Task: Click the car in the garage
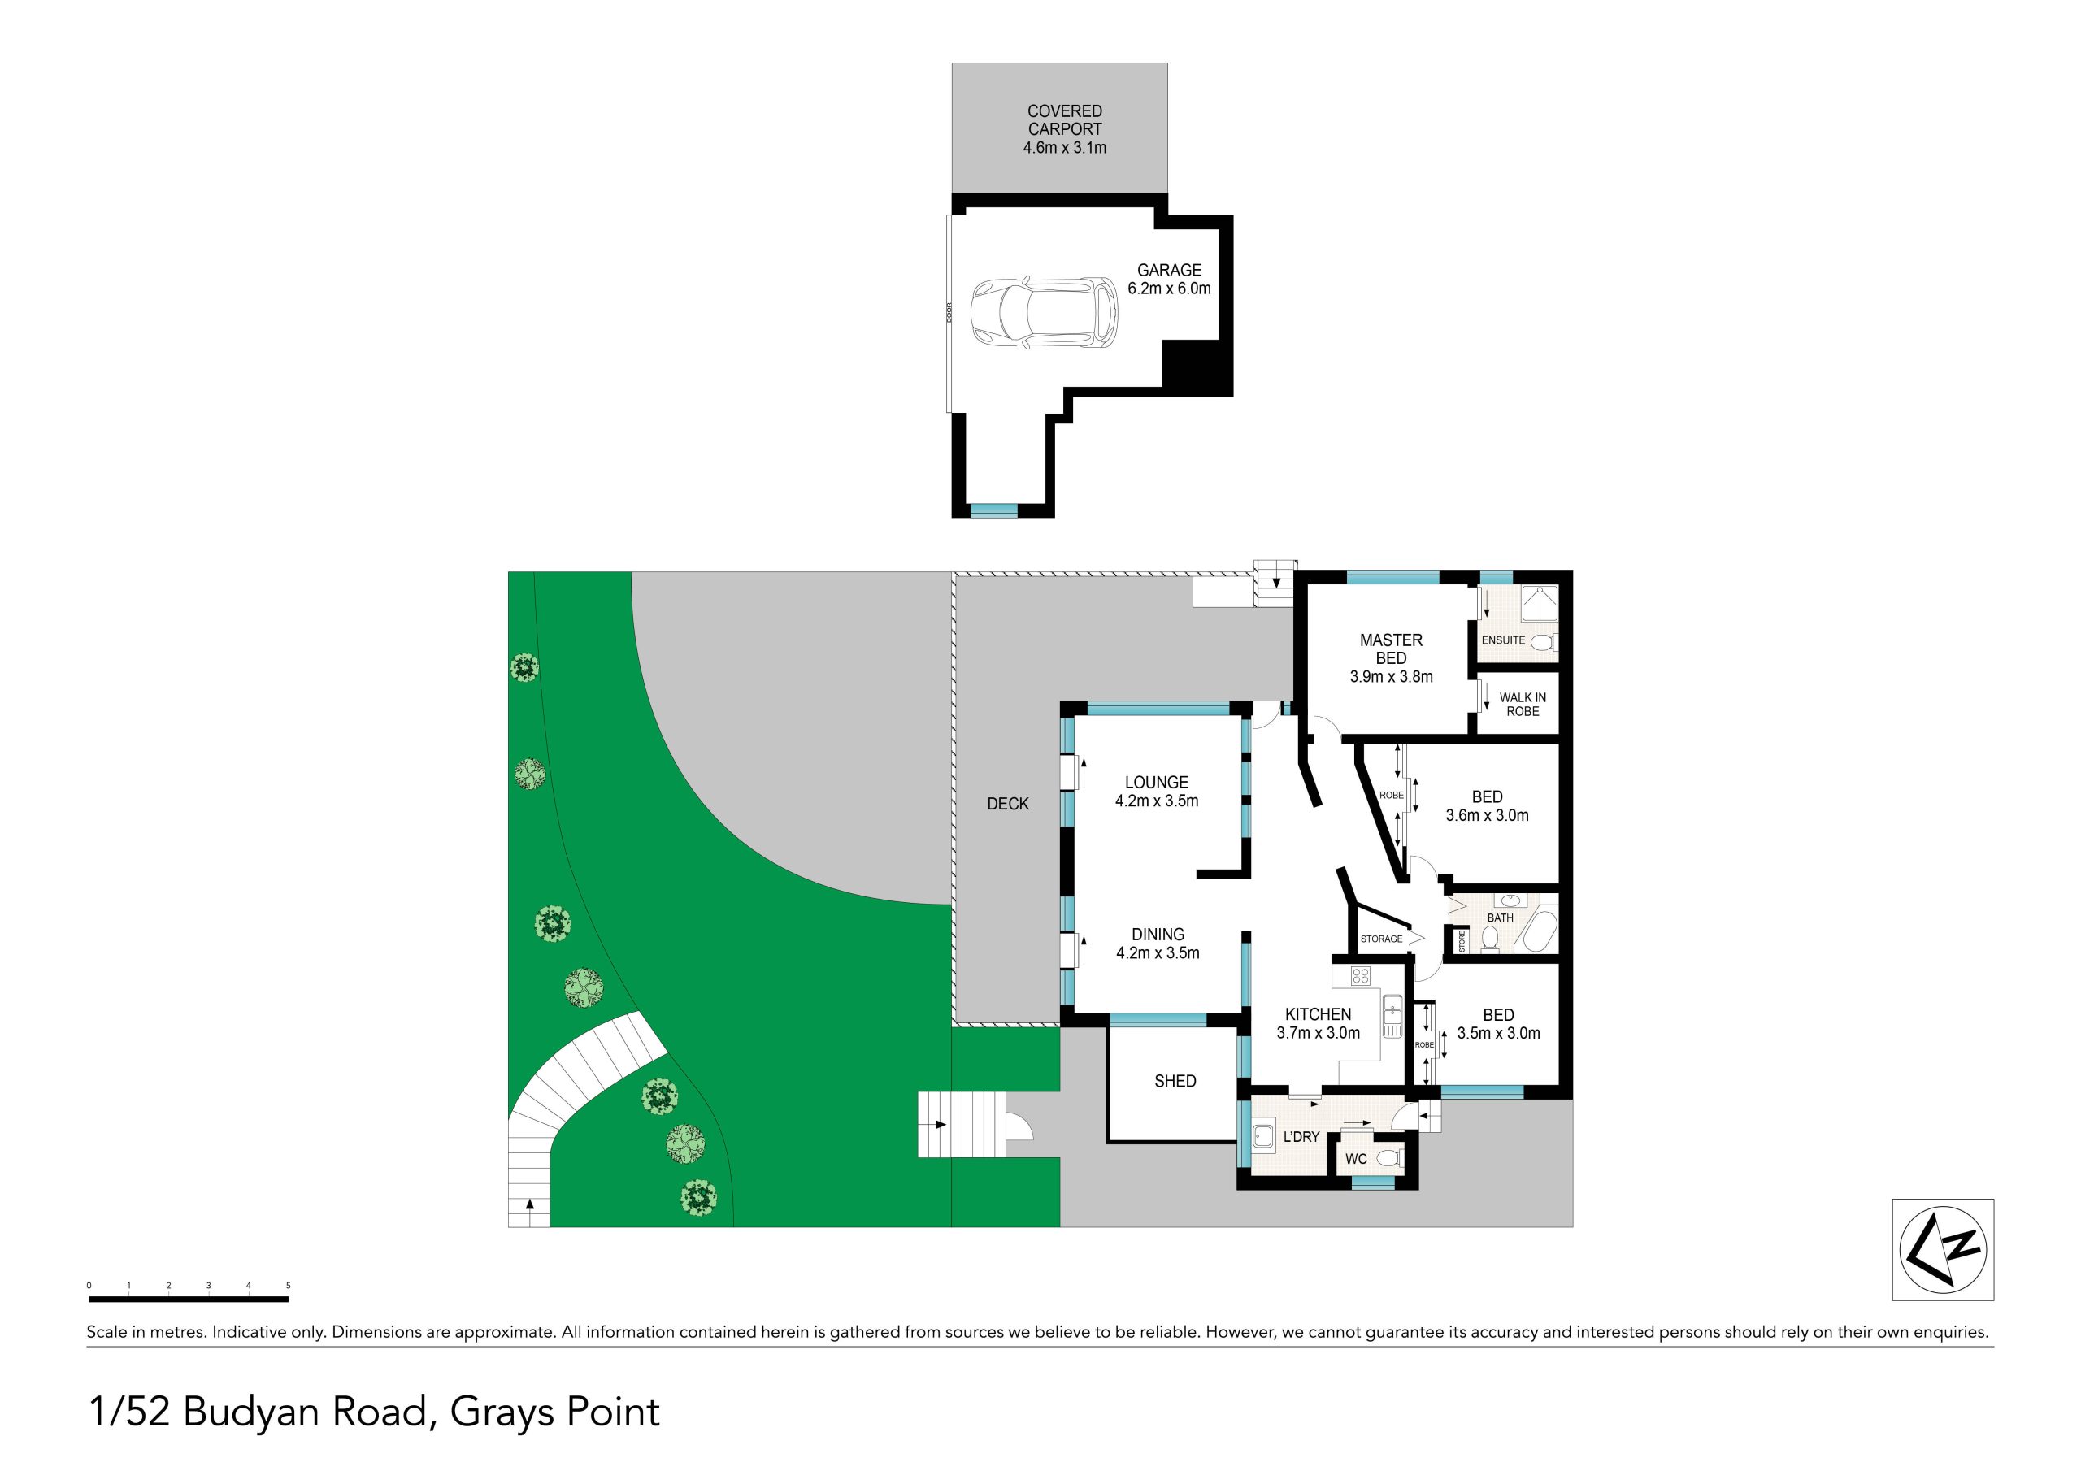[1044, 313]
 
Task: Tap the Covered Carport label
[1065, 119]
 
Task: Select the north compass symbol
[1944, 1250]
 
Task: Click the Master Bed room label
[1391, 649]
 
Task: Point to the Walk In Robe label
[1523, 705]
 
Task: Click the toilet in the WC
[1389, 1158]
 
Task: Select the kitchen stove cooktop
[1361, 975]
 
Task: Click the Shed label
[1175, 1081]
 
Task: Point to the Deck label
[1008, 804]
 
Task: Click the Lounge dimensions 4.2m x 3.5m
[1157, 801]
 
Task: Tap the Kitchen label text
[1318, 1015]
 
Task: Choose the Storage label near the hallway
[1381, 939]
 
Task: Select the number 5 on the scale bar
[289, 1285]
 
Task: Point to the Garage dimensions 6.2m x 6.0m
[1169, 289]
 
